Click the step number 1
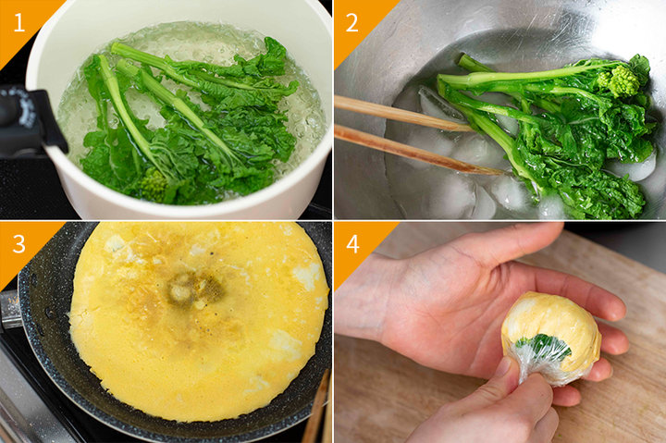[x=19, y=22]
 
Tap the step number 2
[x=351, y=22]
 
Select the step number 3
[x=19, y=244]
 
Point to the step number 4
[x=353, y=244]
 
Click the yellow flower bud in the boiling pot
[x=153, y=185]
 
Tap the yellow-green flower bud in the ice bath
[x=619, y=80]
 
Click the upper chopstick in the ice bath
[x=402, y=114]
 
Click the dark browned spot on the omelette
[x=194, y=289]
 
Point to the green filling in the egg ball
[x=543, y=345]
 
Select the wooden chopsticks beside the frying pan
[x=317, y=407]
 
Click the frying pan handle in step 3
[x=9, y=309]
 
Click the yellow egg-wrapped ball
[x=551, y=336]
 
